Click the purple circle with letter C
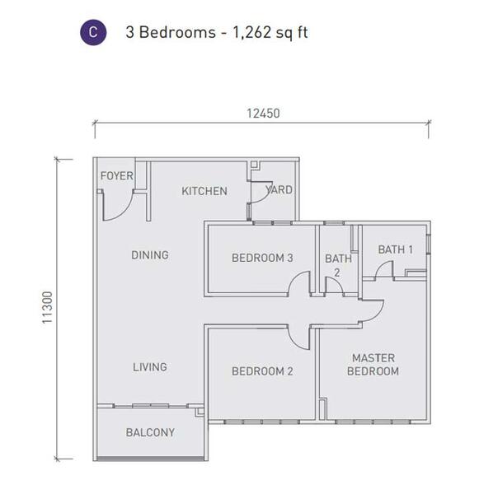93,32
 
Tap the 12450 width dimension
263,114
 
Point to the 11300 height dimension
47,307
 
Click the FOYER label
117,176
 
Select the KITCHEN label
204,191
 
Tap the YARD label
279,189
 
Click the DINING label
150,255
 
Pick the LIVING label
150,366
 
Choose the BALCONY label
150,432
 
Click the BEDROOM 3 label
262,258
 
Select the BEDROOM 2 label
262,371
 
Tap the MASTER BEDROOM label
373,365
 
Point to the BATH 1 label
396,249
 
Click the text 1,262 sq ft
270,32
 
